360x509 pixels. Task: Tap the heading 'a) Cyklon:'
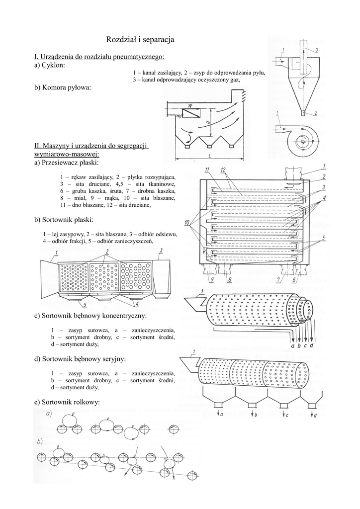50,65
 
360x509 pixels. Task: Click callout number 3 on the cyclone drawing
317,49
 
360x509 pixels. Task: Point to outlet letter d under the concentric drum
311,345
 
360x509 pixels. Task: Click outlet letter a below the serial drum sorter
221,414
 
